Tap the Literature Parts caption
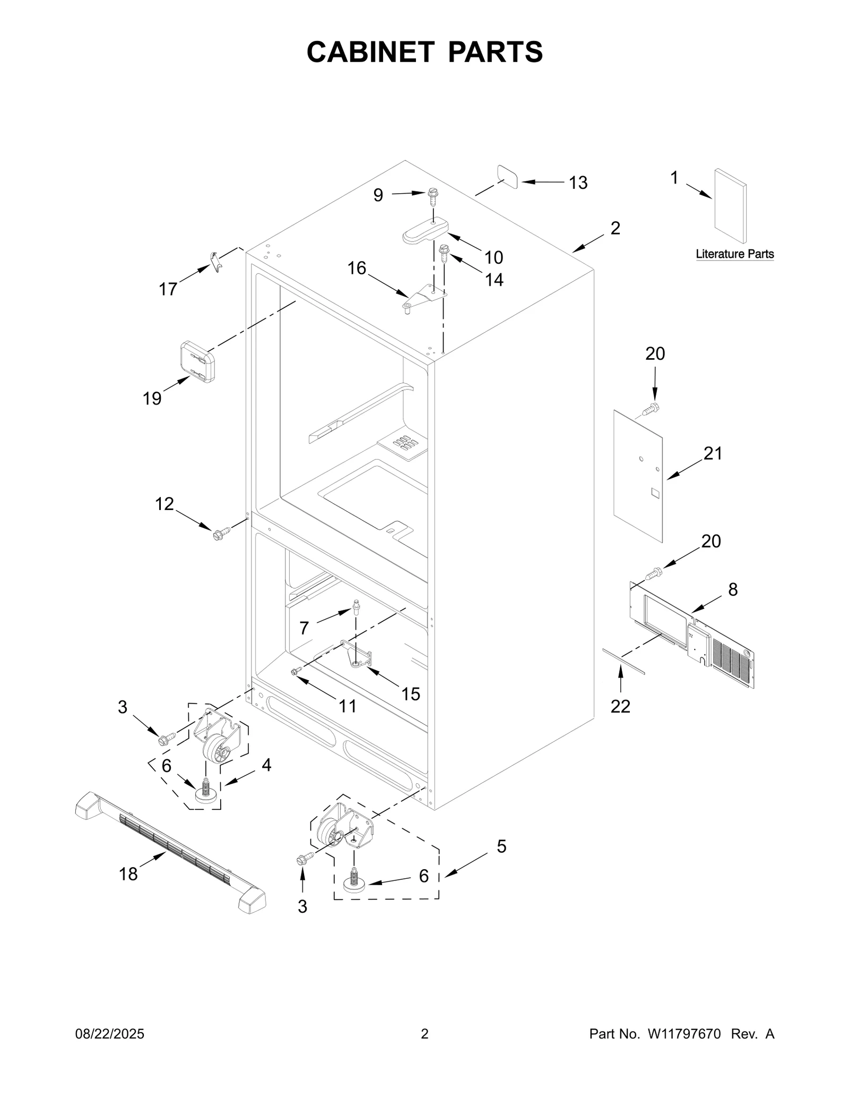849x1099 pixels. point(734,254)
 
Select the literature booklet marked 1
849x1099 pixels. point(731,206)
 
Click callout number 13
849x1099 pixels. point(578,183)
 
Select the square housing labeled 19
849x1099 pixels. point(197,361)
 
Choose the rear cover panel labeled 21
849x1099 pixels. point(638,475)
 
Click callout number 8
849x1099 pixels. point(732,590)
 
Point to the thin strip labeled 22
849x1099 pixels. point(623,660)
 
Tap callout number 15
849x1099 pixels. point(410,694)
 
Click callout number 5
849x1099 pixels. point(501,846)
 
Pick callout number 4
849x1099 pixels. point(266,765)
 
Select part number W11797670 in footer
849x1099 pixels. point(683,1034)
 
